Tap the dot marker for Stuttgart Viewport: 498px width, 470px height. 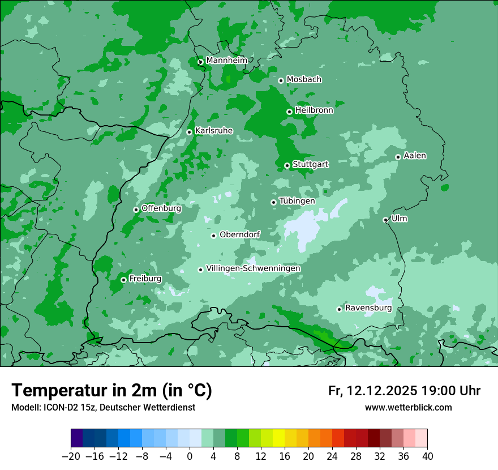287,165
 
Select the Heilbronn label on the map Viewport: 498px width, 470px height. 314,110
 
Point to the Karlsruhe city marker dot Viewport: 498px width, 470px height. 190,132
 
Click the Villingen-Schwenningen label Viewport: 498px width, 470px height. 253,268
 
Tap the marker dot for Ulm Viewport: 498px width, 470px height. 385,220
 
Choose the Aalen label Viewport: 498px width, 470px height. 415,155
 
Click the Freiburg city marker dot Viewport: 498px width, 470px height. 123,280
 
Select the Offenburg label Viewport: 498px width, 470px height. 161,208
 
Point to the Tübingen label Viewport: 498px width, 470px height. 297,200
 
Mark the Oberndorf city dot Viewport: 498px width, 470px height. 213,236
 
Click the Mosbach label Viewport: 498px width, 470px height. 304,79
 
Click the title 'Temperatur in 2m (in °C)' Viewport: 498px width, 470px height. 111,390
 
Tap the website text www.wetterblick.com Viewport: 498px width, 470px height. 408,407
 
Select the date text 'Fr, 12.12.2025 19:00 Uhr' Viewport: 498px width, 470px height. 404,391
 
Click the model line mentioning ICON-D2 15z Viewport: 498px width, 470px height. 103,407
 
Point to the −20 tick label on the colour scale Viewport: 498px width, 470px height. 71,456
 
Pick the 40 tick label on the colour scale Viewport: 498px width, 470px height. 427,456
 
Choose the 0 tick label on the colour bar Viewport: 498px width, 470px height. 190,456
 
